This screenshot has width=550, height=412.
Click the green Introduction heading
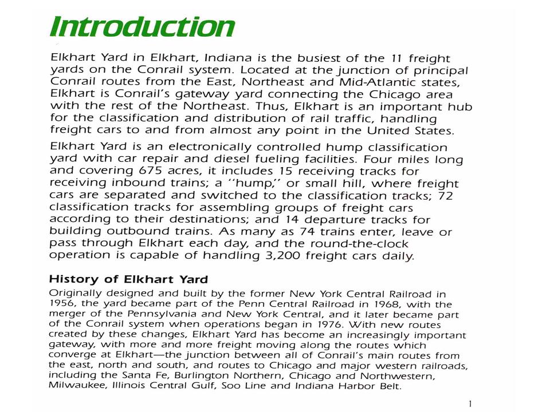tap(142, 27)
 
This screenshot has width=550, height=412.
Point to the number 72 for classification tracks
tap(444, 196)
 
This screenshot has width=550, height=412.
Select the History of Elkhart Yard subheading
tap(128, 279)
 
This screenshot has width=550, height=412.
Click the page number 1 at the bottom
tap(470, 405)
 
